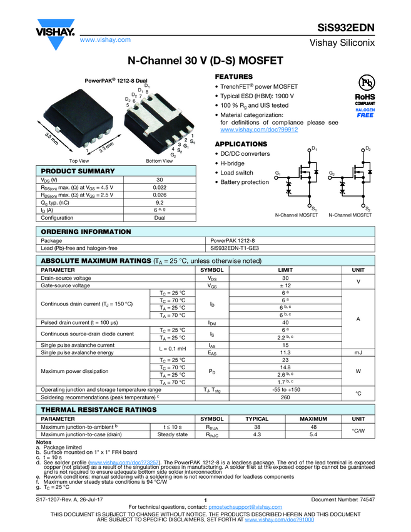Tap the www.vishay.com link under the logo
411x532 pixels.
105,39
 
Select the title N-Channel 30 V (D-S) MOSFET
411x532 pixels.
206,61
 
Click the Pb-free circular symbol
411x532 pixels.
365,83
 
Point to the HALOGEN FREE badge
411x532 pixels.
365,113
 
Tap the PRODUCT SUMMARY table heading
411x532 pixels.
78,171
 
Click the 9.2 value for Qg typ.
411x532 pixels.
160,202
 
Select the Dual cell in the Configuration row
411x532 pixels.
160,218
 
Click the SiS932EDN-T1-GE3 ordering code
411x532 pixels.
235,248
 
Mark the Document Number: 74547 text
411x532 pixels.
343,499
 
